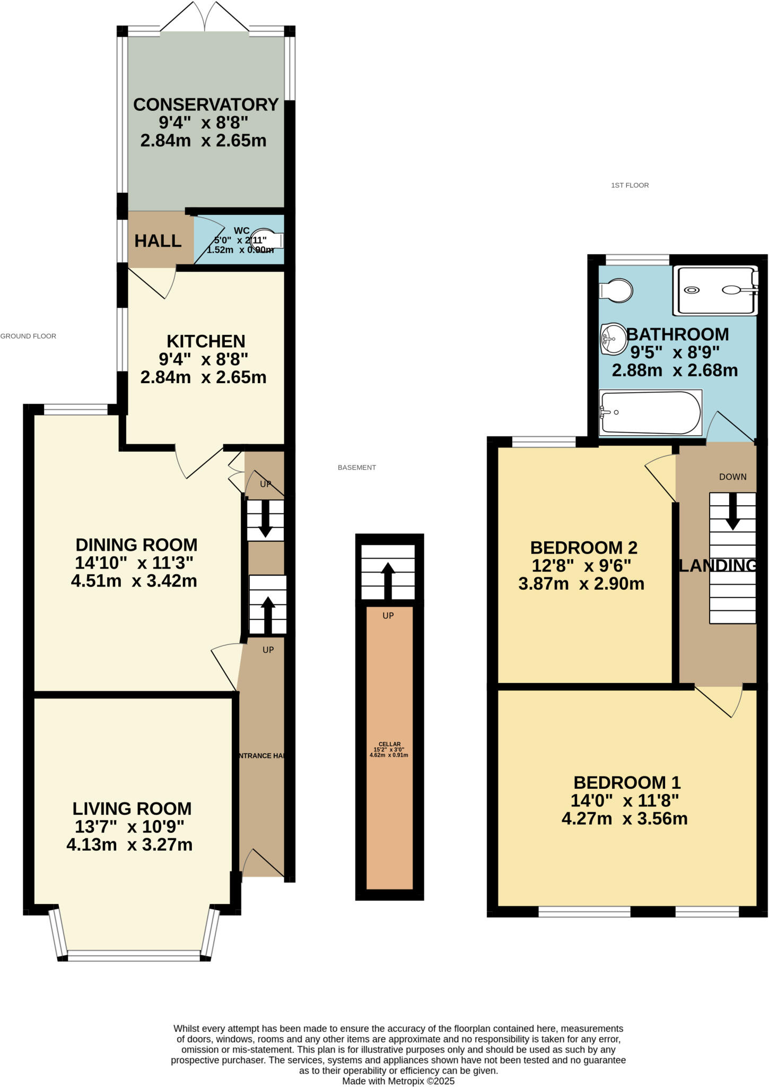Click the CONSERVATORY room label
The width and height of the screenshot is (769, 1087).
tap(206, 105)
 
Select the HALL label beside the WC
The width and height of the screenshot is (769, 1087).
tap(158, 241)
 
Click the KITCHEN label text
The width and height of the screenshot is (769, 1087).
tap(206, 341)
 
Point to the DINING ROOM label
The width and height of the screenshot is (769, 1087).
tap(136, 545)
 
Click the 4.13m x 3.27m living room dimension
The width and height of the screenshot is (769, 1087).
tap(129, 844)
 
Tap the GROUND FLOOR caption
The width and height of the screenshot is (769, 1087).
tap(28, 336)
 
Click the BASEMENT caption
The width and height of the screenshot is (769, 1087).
tap(356, 468)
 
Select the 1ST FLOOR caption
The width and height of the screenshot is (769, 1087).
tap(630, 185)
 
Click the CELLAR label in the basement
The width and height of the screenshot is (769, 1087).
tap(389, 744)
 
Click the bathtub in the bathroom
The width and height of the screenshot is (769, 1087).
tap(650, 413)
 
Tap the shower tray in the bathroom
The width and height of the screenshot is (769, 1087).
tap(714, 290)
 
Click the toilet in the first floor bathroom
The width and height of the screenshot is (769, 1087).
tap(616, 290)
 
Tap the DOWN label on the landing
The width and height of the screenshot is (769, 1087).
tap(732, 477)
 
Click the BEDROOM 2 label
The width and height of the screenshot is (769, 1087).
tap(583, 547)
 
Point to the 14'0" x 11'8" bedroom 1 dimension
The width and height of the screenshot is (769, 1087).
tap(625, 800)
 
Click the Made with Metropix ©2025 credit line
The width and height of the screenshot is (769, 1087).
tap(398, 1081)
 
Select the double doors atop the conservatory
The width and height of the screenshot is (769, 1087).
tap(205, 17)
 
